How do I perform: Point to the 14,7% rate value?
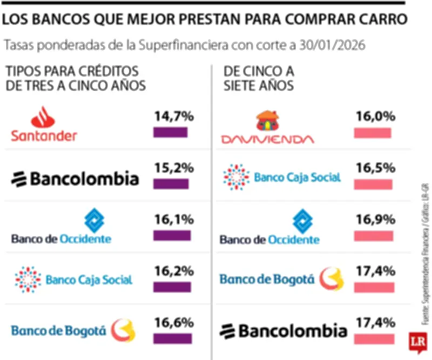pyautogui.click(x=173, y=116)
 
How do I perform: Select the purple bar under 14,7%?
pyautogui.click(x=171, y=132)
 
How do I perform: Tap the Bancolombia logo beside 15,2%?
pyautogui.click(x=75, y=178)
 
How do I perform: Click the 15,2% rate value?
pyautogui.click(x=173, y=168)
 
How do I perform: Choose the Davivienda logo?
pyautogui.click(x=267, y=128)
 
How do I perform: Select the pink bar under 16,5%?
pyautogui.click(x=373, y=184)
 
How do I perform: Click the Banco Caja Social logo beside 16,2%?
pyautogui.click(x=73, y=279)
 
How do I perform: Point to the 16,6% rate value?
pyautogui.click(x=173, y=323)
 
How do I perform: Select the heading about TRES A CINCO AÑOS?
pyautogui.click(x=76, y=78)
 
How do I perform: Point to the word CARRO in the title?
pyautogui.click(x=377, y=20)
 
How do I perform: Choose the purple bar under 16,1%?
pyautogui.click(x=172, y=236)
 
